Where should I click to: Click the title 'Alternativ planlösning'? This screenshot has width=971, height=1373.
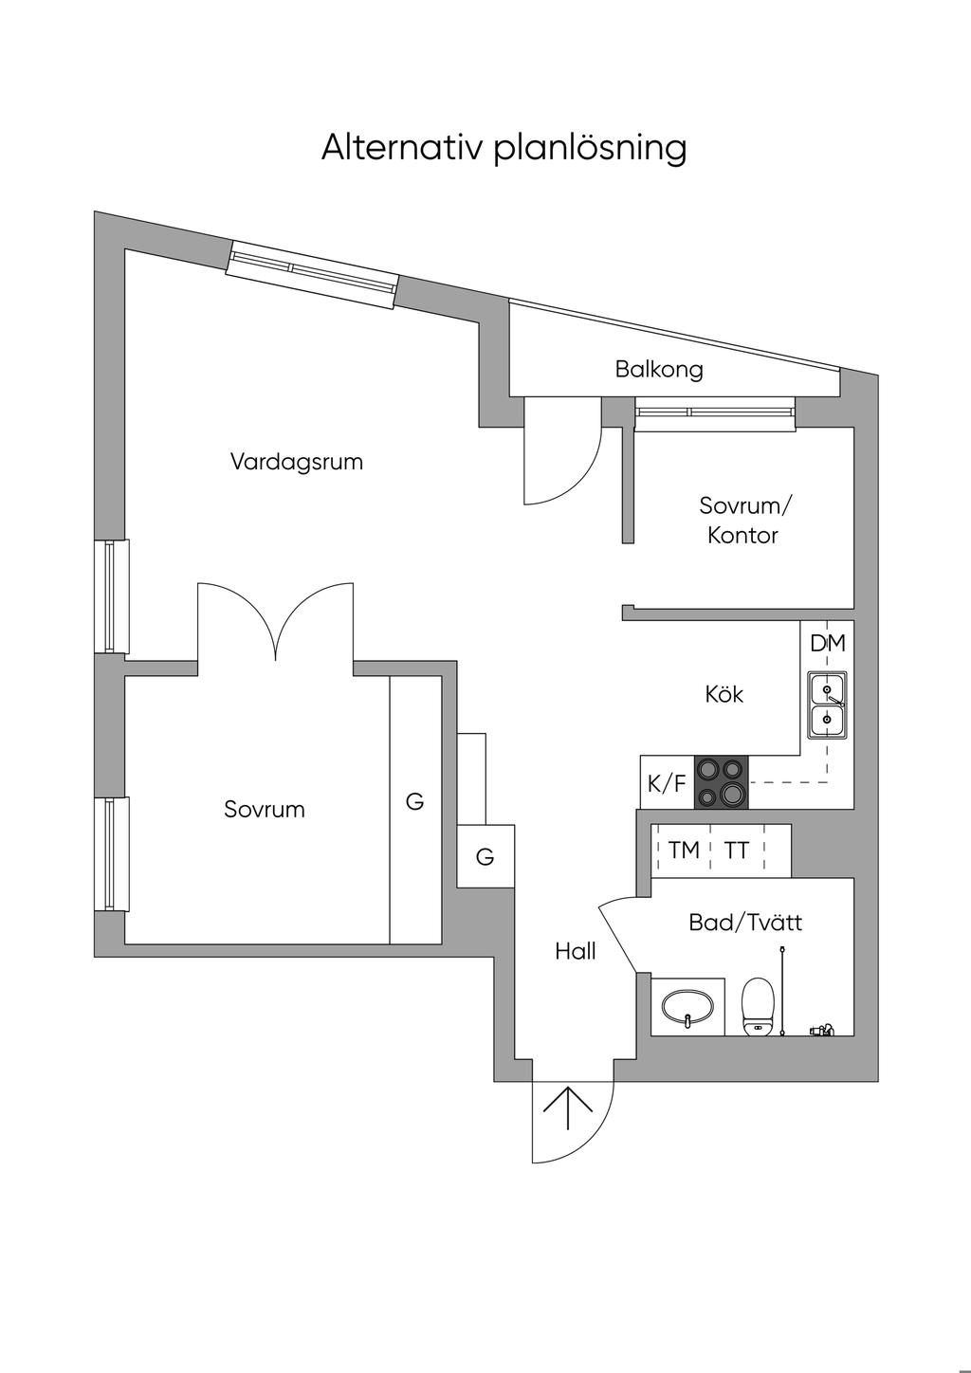point(504,148)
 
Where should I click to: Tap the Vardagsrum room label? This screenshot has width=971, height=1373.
point(297,462)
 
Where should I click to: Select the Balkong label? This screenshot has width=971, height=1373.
point(659,369)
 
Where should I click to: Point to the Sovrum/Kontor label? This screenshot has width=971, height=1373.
point(743,520)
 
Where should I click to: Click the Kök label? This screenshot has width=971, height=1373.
point(724,694)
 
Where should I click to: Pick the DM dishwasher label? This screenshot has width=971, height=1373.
point(827,643)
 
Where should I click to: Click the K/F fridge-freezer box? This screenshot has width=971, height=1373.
point(667,783)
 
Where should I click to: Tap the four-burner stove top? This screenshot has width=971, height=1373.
point(721,782)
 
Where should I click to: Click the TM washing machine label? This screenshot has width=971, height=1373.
point(683,851)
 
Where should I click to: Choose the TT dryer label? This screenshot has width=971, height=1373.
point(737,851)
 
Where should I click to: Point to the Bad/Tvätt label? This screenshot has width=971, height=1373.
point(745,922)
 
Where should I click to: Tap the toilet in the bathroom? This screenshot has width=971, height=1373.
point(759,1005)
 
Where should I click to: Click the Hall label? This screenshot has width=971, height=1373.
point(576,951)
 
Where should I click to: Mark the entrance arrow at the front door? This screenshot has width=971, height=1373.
point(567,1107)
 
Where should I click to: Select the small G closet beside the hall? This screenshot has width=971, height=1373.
point(485,857)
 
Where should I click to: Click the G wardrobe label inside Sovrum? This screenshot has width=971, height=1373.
point(414,801)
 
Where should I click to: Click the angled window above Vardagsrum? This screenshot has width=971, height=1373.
point(312,275)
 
